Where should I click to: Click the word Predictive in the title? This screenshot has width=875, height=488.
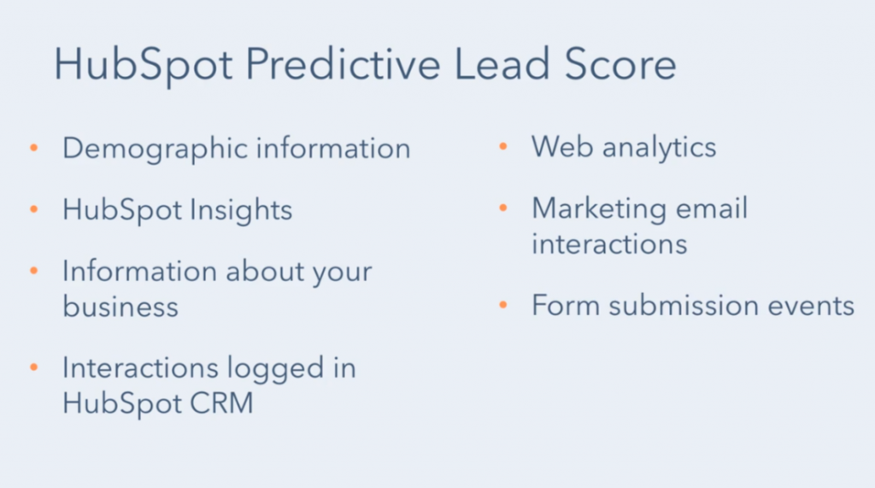coord(343,65)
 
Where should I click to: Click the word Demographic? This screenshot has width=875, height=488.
coord(155,150)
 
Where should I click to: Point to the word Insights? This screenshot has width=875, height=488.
coord(240,211)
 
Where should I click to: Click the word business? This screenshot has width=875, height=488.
coord(120,306)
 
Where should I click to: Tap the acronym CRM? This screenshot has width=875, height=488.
coord(221,403)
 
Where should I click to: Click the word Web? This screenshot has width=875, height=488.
coord(561,147)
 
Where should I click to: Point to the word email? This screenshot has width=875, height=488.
coord(712,209)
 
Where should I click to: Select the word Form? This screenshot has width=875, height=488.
coord(565,305)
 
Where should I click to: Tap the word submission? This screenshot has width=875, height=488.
coord(683,305)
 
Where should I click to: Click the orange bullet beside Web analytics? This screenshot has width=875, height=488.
coord(502,146)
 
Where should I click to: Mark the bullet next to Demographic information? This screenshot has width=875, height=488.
coord(34,148)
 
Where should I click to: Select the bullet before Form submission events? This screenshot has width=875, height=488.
coord(502,305)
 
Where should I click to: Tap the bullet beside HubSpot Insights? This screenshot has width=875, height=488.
coord(34,209)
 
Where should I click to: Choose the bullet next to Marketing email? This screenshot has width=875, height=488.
coord(502,208)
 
